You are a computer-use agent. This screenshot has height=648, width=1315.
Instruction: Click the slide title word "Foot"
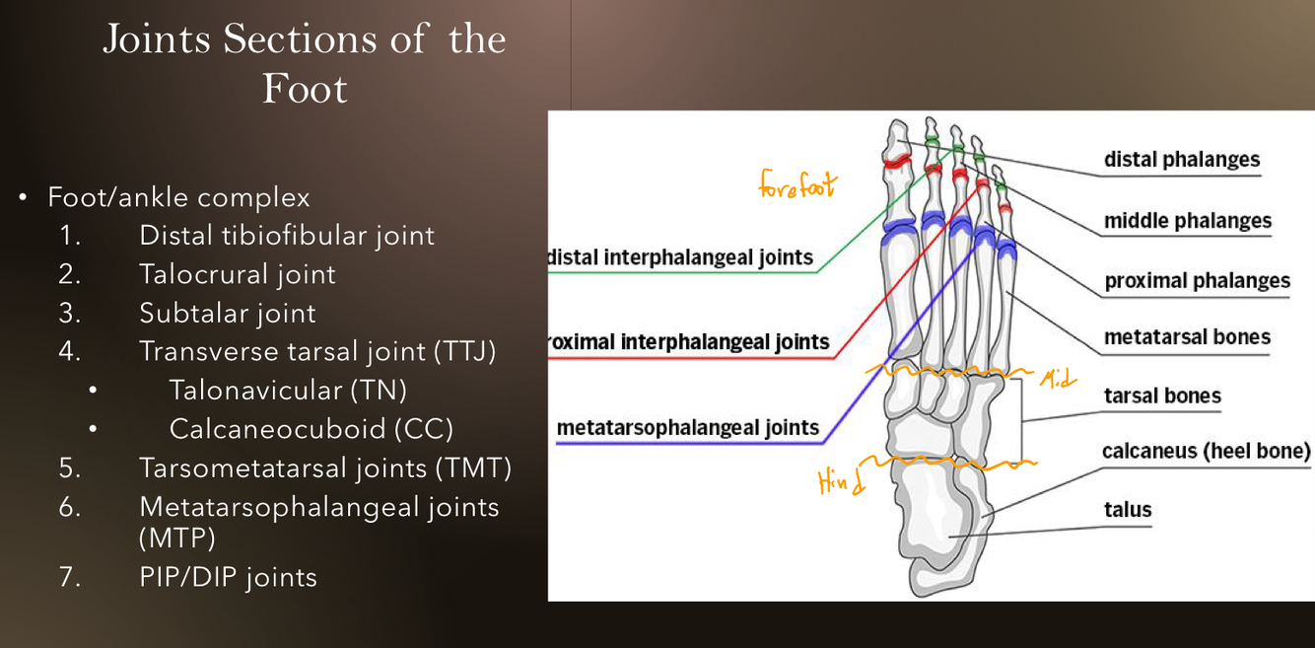click(305, 89)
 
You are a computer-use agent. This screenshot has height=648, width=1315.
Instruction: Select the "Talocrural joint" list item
click(237, 274)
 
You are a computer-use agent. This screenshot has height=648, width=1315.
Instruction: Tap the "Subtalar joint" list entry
click(227, 314)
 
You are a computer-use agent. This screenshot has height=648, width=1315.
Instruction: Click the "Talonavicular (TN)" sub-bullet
click(288, 391)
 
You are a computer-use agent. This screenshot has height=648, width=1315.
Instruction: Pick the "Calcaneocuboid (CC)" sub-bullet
click(311, 430)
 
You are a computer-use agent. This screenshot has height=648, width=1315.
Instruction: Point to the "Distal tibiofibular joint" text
click(286, 236)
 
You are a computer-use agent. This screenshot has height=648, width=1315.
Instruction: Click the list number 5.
click(69, 468)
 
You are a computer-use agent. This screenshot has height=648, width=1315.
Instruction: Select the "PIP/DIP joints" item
click(228, 577)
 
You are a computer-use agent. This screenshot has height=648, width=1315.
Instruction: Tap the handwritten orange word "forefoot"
click(796, 184)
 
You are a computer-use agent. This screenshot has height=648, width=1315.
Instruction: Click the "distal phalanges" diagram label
click(1181, 160)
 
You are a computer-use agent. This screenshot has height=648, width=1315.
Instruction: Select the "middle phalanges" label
click(1187, 221)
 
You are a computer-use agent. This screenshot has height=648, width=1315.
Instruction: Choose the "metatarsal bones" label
click(1187, 337)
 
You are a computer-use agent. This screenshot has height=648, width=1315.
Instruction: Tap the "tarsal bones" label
click(1161, 396)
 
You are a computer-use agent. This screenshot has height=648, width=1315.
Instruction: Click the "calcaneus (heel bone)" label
click(1206, 452)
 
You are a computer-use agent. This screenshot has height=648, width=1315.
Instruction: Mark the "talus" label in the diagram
click(1128, 510)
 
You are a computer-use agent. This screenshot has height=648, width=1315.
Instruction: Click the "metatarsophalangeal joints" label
click(687, 428)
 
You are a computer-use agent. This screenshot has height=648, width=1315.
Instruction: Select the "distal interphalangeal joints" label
click(681, 258)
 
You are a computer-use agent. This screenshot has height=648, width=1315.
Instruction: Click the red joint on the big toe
click(895, 162)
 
